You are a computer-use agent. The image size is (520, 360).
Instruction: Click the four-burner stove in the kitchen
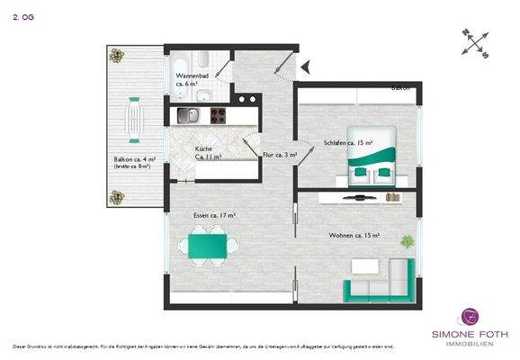(218, 115)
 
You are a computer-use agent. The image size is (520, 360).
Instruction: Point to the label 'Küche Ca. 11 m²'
(208, 152)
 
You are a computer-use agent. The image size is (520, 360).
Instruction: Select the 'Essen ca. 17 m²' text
(214, 215)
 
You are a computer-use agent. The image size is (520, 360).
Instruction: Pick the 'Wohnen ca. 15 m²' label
(353, 234)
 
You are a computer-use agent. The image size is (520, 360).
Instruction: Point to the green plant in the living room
(407, 241)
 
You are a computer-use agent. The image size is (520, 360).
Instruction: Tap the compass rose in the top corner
(476, 42)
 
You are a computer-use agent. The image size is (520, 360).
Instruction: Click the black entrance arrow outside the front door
(304, 66)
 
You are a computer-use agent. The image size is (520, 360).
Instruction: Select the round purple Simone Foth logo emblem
(468, 317)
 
